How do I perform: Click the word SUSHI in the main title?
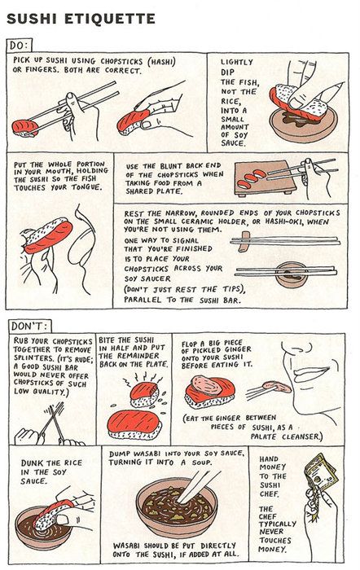[x=32, y=19]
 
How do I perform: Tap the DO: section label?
[x=20, y=46]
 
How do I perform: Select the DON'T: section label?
[x=29, y=326]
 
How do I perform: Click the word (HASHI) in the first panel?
[x=161, y=61]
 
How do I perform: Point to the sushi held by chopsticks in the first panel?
[x=24, y=128]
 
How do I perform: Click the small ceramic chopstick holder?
[x=244, y=241]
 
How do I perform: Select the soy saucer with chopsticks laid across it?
[x=291, y=275]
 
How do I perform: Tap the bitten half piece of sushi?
[x=145, y=394]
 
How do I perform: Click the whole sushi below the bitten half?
[x=133, y=424]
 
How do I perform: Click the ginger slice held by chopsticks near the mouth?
[x=277, y=387]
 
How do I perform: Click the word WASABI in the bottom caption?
[x=127, y=546]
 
